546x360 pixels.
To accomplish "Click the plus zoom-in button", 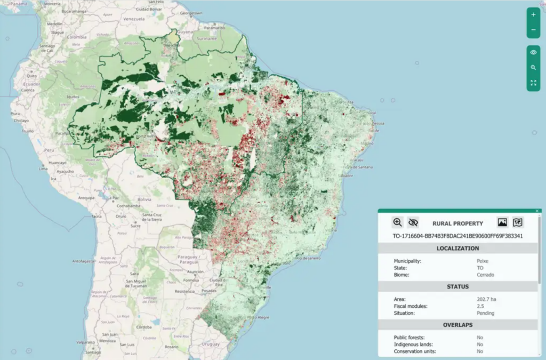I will [x=533, y=15].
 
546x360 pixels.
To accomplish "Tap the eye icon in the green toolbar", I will [x=533, y=52].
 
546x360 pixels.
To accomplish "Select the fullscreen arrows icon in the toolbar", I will [x=533, y=83].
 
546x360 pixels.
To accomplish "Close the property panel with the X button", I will [x=537, y=211].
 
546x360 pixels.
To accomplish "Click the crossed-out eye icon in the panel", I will [x=413, y=223].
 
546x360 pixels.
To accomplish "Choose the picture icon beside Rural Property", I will [x=502, y=223].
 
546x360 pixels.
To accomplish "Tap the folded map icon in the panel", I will [x=518, y=223].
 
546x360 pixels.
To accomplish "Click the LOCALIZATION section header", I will [x=457, y=249].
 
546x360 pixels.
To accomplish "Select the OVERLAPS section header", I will [x=457, y=325].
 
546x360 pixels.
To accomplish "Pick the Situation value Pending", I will [x=485, y=313].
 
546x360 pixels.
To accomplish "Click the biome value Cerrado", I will [x=485, y=275].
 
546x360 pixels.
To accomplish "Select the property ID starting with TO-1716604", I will [x=457, y=236].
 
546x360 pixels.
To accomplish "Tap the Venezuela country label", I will [x=134, y=18].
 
